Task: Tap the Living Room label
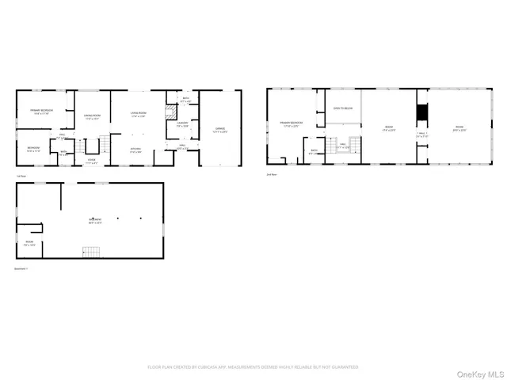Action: click(138, 115)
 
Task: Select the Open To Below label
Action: click(342, 108)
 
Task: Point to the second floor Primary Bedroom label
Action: click(291, 123)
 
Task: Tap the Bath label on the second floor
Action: click(314, 151)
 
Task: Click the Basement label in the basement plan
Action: click(95, 220)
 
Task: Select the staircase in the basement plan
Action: click(93, 252)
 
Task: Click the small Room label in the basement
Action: click(29, 243)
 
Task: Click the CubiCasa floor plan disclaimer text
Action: click(253, 367)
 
